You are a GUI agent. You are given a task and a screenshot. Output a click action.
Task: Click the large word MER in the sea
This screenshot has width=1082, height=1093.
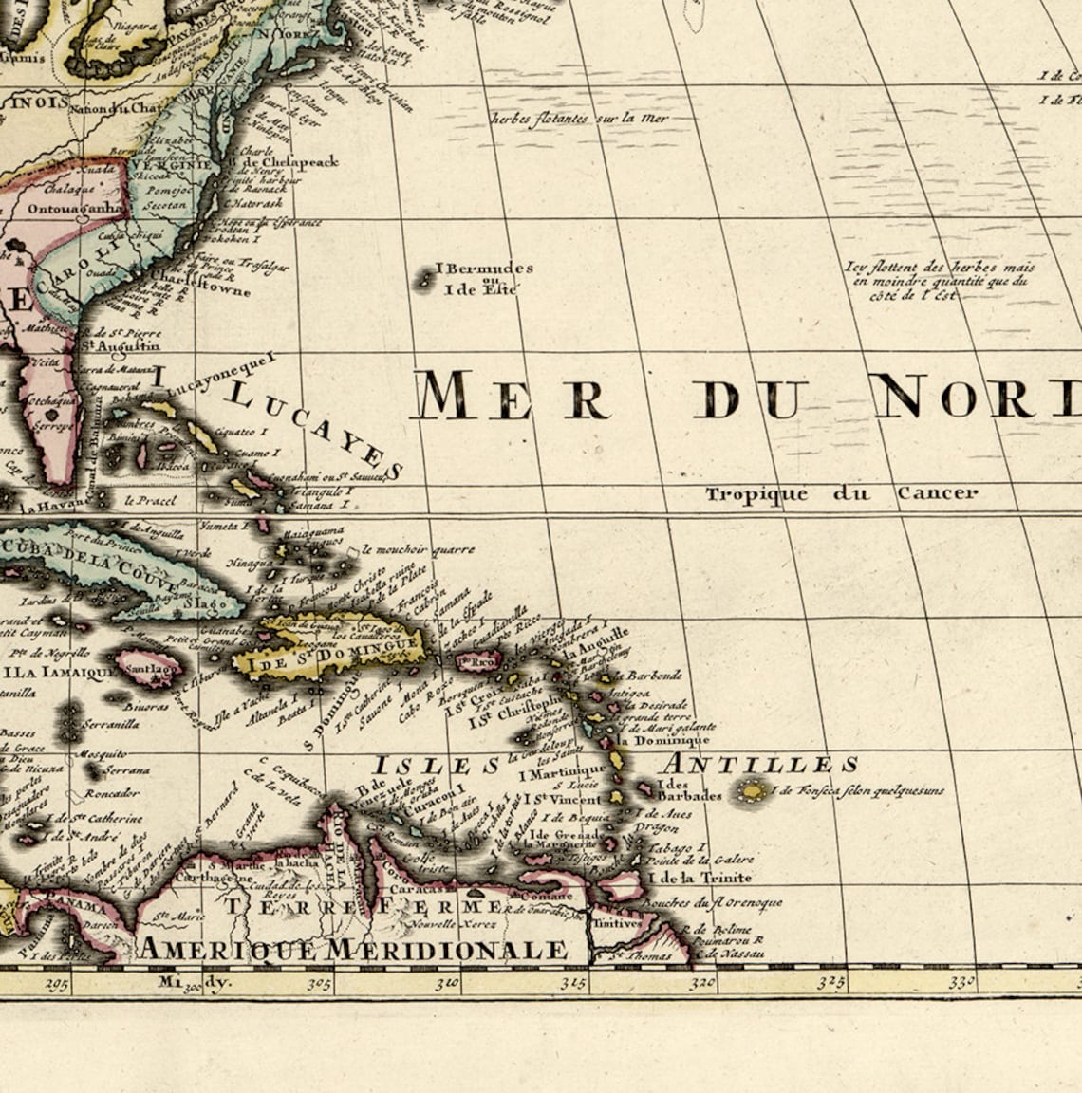pos(513,397)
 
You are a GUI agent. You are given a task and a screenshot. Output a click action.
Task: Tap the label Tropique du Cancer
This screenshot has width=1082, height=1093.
pos(840,493)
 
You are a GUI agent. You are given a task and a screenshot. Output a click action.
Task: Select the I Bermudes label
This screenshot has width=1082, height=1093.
pos(483,269)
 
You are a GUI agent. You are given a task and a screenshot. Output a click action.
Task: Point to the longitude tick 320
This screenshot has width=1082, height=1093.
pos(703,984)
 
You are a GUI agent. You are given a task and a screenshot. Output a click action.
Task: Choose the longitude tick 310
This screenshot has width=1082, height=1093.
pos(448,984)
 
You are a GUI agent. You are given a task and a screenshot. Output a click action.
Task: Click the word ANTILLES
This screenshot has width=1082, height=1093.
pos(759,765)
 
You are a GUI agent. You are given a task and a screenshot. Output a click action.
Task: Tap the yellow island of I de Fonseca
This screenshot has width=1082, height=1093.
pos(754,789)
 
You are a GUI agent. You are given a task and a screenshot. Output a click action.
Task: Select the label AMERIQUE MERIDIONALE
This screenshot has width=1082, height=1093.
pos(353,949)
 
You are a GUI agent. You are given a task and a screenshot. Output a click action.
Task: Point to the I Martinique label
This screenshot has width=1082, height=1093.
pos(562,772)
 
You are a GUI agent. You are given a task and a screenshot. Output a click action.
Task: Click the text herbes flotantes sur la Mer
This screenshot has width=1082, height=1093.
pos(580,120)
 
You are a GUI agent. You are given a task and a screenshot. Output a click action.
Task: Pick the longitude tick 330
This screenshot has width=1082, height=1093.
pos(961,983)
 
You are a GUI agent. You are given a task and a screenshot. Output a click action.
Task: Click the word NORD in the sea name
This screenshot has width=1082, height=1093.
pos(978,397)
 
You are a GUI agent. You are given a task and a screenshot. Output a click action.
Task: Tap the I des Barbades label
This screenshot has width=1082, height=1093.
pos(689,790)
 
